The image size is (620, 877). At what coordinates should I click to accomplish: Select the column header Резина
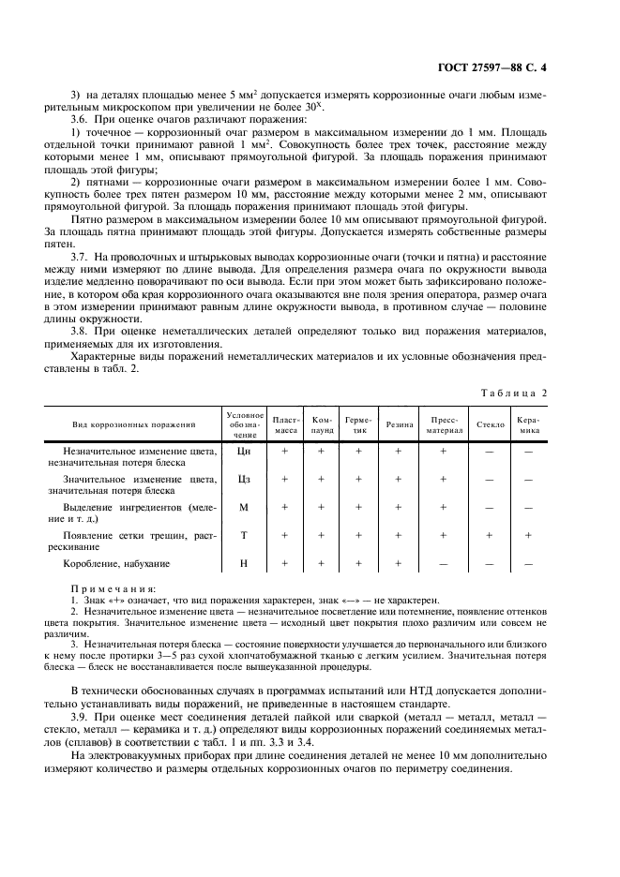coord(399,424)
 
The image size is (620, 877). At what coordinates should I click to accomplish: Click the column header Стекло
coord(489,424)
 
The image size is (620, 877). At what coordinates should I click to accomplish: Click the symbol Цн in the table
coord(244,451)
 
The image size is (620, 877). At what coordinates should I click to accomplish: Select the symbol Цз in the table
coord(244,479)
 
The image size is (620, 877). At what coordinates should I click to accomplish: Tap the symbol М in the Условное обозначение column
coord(244,507)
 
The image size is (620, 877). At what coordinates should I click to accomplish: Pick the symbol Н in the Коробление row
coord(244,563)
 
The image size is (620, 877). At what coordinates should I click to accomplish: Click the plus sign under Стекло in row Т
coord(489,535)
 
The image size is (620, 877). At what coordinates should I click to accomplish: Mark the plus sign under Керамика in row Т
coord(529,535)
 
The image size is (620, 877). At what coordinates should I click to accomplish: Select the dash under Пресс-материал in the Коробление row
coord(444,563)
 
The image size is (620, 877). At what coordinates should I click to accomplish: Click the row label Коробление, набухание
coord(116,563)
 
